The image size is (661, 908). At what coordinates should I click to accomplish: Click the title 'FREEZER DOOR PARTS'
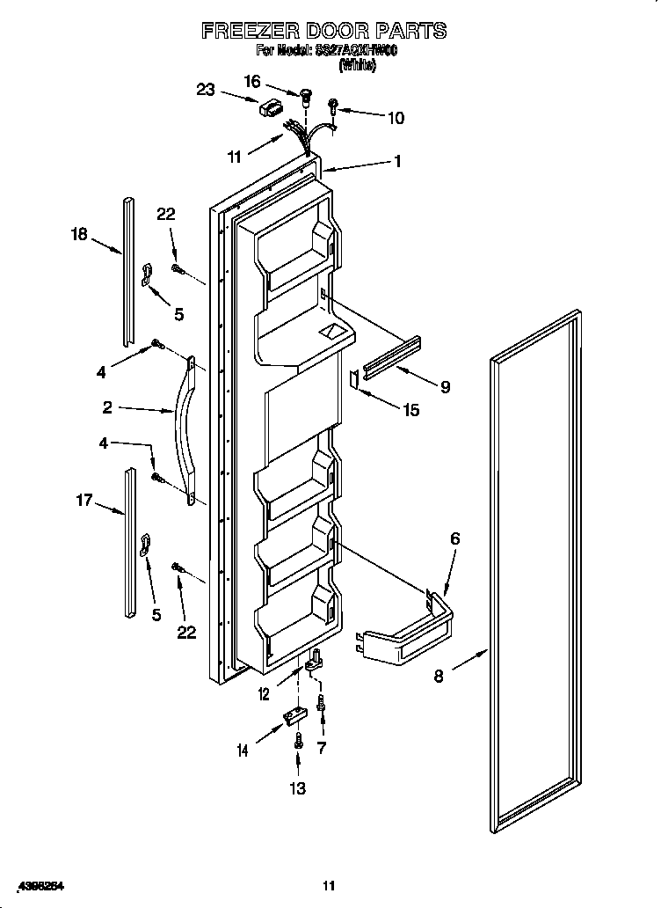tap(323, 31)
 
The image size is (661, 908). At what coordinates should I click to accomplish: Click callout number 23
tap(206, 89)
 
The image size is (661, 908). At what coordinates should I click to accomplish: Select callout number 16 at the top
tap(251, 81)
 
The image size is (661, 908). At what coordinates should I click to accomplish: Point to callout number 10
tap(396, 118)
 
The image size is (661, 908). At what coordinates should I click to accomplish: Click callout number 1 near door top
tap(397, 161)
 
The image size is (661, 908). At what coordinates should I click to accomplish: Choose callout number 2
tap(106, 406)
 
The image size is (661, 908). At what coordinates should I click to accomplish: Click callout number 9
tap(445, 386)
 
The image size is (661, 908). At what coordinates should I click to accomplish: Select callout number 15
tap(410, 409)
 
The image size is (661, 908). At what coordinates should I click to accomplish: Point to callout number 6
tap(454, 538)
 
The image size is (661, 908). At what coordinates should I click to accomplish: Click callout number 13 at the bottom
tap(298, 788)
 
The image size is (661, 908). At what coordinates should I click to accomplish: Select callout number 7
tap(323, 748)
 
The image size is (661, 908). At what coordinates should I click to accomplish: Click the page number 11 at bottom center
tap(329, 886)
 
